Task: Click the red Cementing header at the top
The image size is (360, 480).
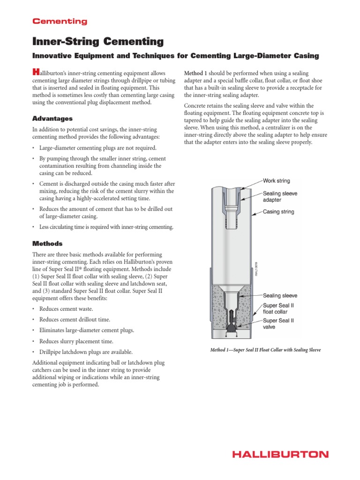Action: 59,21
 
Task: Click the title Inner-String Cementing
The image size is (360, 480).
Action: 97,42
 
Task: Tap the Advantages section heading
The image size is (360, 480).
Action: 52,119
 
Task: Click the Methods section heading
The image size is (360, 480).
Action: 47,244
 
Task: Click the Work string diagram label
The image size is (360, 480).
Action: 276,180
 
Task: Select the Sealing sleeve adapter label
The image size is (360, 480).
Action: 280,196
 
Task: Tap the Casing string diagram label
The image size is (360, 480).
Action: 278,212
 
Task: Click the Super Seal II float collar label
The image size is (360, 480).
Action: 278,308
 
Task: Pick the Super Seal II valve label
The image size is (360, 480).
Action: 278,324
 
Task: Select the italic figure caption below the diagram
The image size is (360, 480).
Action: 265,350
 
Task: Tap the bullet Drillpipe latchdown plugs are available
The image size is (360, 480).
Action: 86,352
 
